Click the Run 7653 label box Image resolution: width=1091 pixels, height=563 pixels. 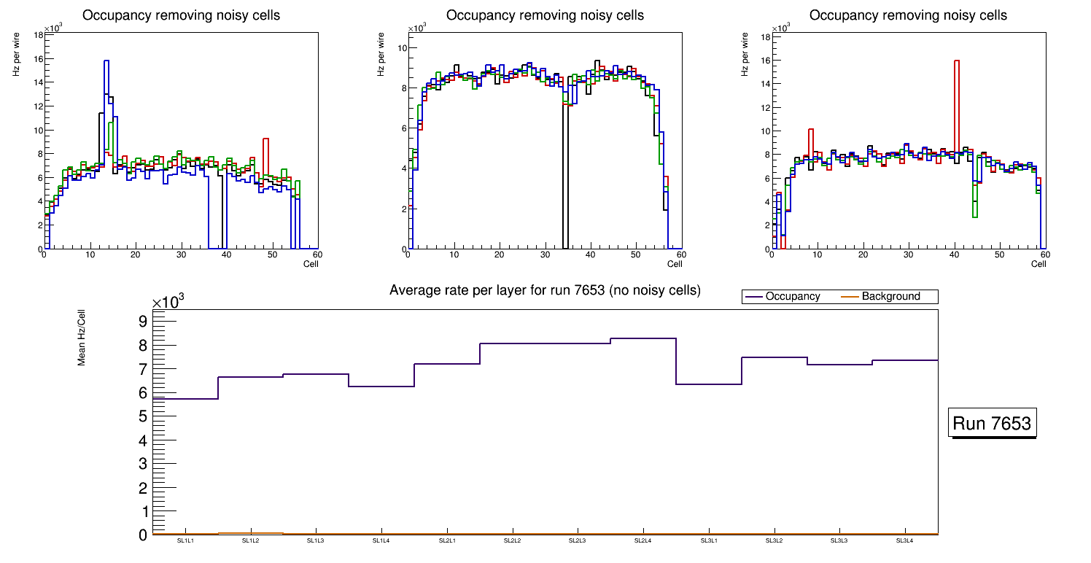[x=992, y=423]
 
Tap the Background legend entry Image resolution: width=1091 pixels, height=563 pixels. [x=890, y=297]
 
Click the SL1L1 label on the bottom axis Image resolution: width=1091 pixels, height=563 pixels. [x=185, y=540]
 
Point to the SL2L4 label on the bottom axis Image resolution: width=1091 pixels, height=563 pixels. [x=642, y=540]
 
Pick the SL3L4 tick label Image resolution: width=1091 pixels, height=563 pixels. [x=904, y=540]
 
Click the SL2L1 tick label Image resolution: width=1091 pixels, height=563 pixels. [x=446, y=540]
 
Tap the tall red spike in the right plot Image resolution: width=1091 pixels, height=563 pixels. [x=956, y=109]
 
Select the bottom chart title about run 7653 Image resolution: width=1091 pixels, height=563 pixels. [x=545, y=290]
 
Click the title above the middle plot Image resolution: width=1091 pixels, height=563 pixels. [x=545, y=15]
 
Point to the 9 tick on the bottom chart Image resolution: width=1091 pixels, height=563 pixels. [x=143, y=322]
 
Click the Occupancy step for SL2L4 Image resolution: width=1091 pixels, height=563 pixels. [x=642, y=338]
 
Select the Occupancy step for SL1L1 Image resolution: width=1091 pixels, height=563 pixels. [x=185, y=399]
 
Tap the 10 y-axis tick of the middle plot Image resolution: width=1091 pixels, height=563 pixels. [x=401, y=48]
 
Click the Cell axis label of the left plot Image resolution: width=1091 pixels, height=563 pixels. [x=311, y=263]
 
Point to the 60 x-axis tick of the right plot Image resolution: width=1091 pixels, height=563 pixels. [x=1044, y=255]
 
